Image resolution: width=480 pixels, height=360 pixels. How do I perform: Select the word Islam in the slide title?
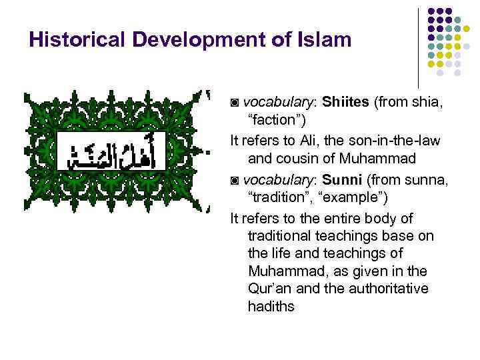click(324, 40)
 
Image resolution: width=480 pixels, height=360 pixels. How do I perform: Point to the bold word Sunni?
click(343, 179)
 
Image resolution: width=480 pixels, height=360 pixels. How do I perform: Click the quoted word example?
click(346, 198)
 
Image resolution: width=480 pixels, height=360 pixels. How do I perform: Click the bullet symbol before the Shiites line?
click(234, 103)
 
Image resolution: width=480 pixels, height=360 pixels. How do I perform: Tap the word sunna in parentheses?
click(419, 179)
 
